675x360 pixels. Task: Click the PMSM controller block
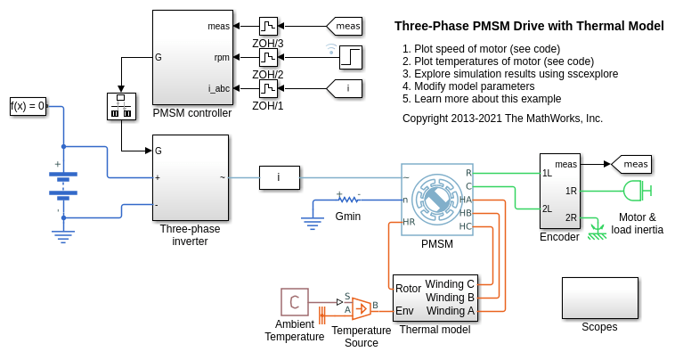(x=192, y=58)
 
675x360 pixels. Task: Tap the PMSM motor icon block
(x=436, y=199)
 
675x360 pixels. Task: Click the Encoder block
(x=559, y=191)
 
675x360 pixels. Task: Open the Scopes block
(x=599, y=298)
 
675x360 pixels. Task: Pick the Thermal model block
(x=435, y=298)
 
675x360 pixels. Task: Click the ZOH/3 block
(x=268, y=26)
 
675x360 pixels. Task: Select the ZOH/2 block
(x=268, y=58)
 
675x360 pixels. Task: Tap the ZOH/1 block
(x=268, y=88)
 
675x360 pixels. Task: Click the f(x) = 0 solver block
(x=28, y=106)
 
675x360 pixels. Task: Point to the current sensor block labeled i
(x=279, y=177)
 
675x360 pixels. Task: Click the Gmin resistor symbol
(x=347, y=200)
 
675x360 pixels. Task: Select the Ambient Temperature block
(x=294, y=302)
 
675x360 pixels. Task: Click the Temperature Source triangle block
(x=361, y=308)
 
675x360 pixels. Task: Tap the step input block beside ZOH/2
(x=350, y=58)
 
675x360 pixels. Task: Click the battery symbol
(x=62, y=183)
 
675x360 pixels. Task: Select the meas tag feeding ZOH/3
(x=345, y=26)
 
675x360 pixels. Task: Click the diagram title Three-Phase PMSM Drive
(x=529, y=26)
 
